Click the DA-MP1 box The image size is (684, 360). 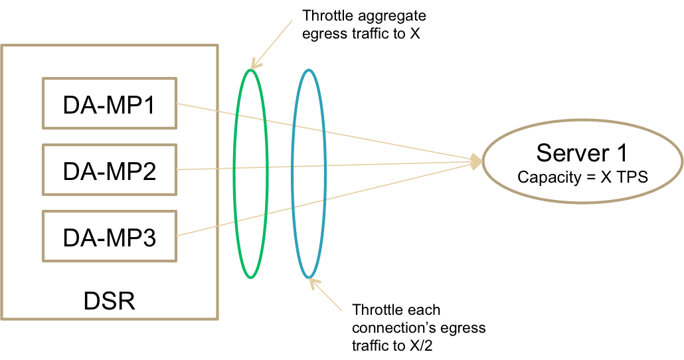110,104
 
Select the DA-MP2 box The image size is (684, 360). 110,170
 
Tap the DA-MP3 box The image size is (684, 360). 110,236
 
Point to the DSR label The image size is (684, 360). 110,301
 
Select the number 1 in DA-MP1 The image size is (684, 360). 148,105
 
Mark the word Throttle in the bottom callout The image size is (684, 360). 376,310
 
